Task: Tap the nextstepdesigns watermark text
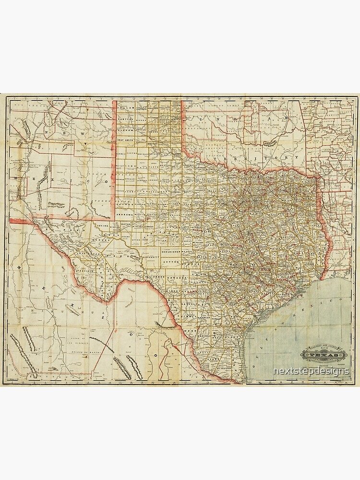pos(311,371)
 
